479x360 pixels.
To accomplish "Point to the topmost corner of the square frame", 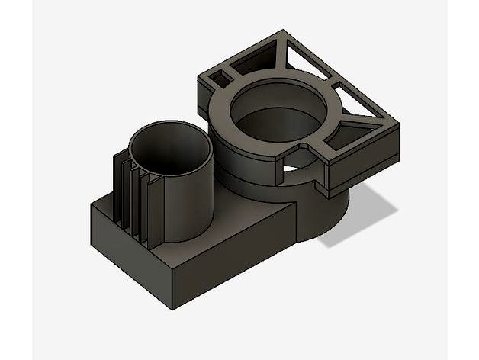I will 286,31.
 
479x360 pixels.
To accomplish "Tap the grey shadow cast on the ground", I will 358,221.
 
